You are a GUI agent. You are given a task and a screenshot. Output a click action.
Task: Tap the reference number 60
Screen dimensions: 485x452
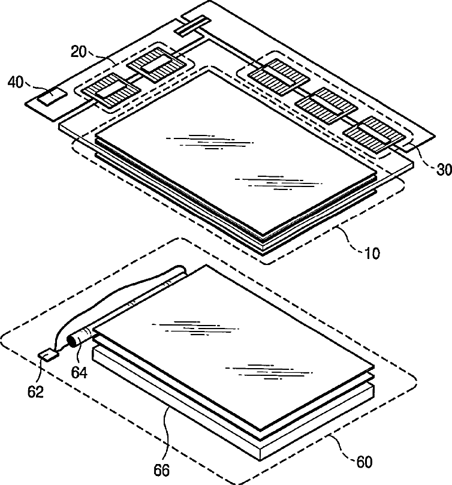point(364,462)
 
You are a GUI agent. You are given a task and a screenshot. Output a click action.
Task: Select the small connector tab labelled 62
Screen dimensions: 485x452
point(47,355)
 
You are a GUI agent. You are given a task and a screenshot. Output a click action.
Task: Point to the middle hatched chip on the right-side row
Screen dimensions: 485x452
point(324,105)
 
